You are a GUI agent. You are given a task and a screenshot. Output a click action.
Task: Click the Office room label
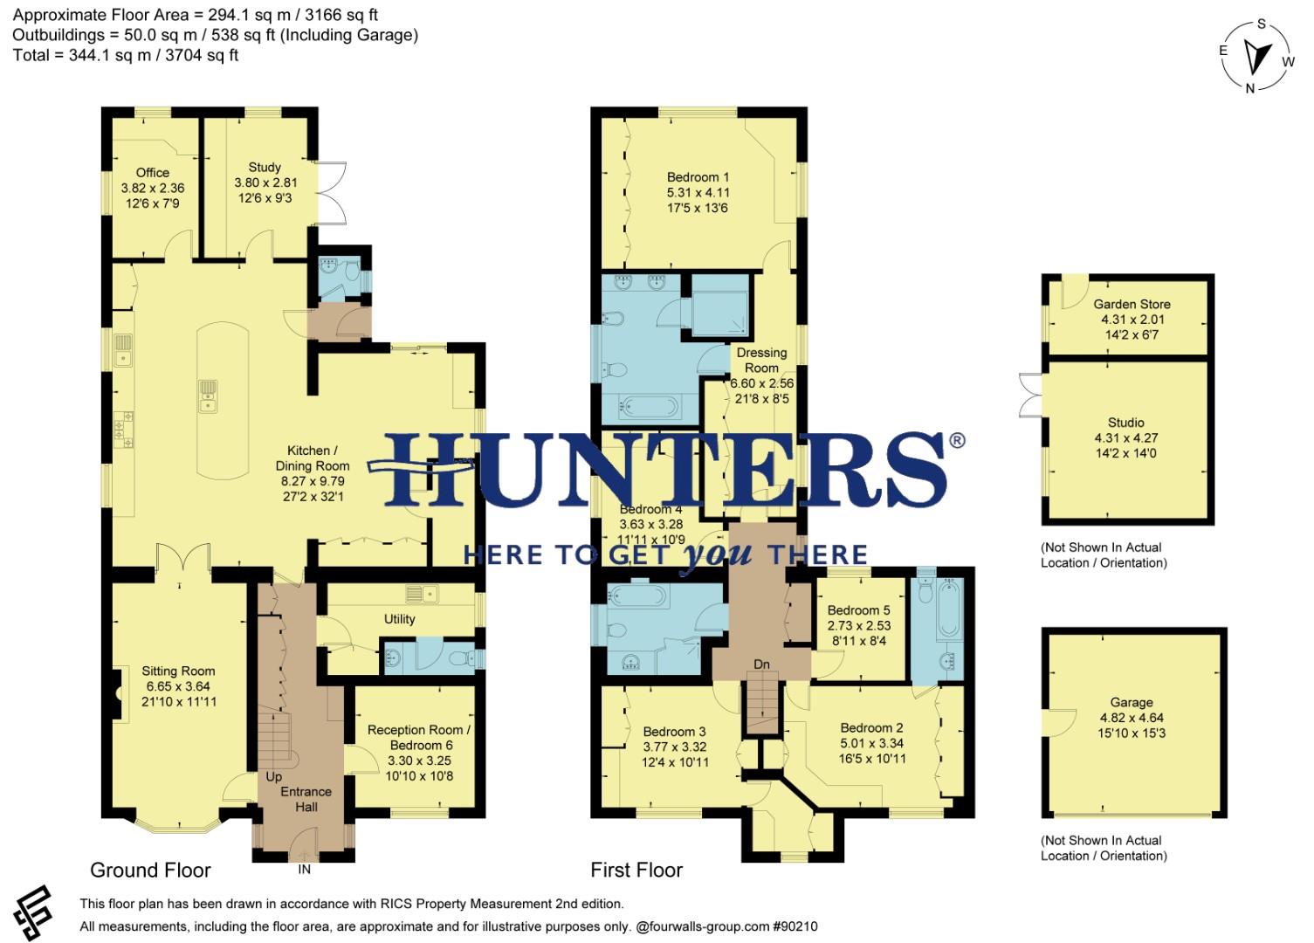(153, 173)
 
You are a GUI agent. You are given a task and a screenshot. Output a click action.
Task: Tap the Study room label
(265, 167)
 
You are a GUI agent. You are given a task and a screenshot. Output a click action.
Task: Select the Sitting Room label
(178, 671)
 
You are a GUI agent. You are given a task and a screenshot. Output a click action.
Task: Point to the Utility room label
(400, 619)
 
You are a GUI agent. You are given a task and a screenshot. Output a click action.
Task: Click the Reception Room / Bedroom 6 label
(419, 738)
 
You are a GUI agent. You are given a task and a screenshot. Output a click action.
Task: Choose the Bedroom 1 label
(698, 177)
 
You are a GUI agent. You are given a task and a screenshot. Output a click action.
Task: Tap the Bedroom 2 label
(871, 728)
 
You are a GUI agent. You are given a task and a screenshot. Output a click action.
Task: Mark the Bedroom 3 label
(675, 732)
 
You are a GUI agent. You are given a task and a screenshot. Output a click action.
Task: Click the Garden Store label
(1132, 305)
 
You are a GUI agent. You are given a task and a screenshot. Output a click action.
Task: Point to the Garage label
(1132, 702)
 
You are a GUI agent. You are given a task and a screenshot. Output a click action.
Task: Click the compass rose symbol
(1257, 56)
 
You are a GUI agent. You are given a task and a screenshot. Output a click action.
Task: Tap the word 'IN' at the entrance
(304, 870)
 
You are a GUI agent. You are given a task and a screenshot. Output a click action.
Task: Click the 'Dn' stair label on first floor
(761, 664)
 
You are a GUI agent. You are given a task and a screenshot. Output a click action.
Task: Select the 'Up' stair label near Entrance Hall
(274, 776)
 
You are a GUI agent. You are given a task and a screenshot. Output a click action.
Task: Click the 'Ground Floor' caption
(150, 871)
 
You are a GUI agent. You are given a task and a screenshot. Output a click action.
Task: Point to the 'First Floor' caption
(636, 871)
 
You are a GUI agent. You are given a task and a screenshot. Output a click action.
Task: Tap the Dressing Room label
(761, 361)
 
